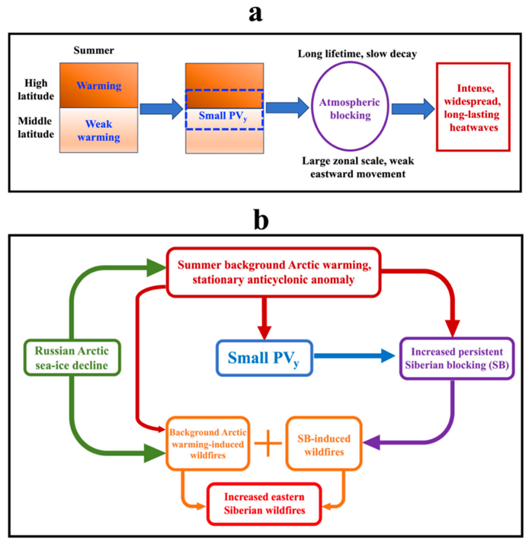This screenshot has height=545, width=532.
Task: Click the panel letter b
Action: [266, 221]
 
